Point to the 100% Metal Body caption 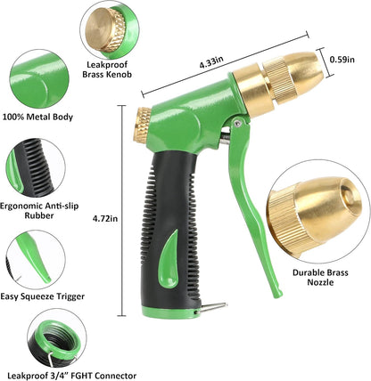38,117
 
